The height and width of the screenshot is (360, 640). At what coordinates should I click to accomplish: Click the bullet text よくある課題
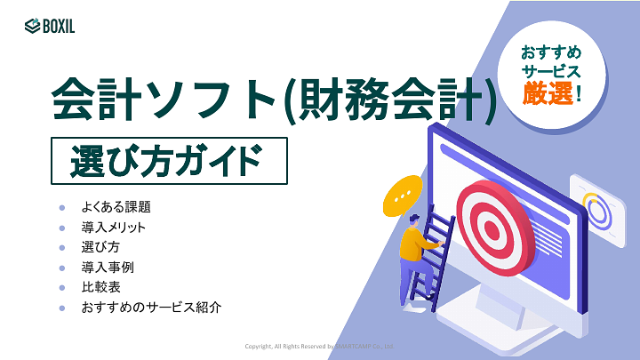[x=116, y=207]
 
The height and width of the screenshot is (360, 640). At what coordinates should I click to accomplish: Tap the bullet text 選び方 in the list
[x=100, y=247]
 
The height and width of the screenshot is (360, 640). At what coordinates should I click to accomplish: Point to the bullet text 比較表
[x=100, y=287]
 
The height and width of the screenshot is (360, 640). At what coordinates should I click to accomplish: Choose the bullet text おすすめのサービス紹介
[x=150, y=308]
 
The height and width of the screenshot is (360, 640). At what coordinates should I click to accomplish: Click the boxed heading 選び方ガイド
[x=169, y=162]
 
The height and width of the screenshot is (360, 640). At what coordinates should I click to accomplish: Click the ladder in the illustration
[x=436, y=253]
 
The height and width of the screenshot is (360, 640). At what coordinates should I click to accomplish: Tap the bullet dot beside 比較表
[x=62, y=287]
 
